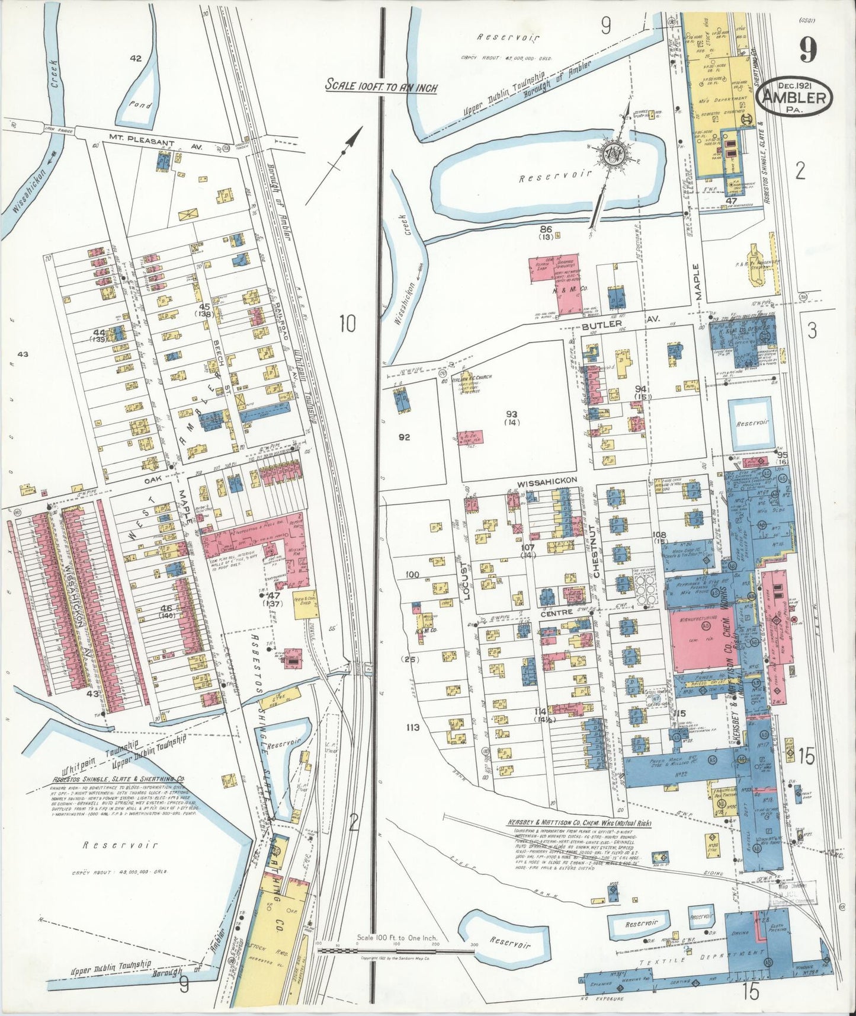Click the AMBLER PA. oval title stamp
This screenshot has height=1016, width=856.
click(796, 96)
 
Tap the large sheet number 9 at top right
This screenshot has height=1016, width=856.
click(808, 50)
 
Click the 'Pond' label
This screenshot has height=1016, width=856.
click(140, 106)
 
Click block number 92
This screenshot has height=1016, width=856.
click(405, 437)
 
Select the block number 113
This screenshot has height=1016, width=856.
click(413, 727)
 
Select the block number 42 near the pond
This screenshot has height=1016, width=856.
click(136, 58)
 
